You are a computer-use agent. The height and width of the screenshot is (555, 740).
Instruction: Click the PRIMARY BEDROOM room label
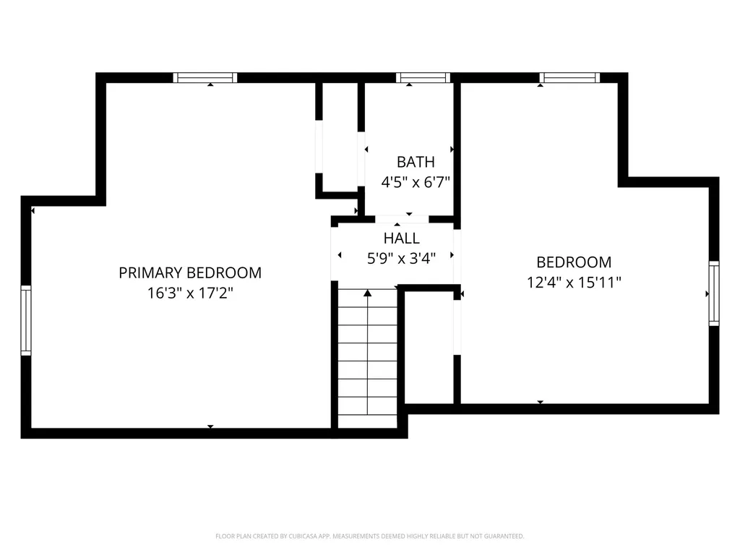coord(190,273)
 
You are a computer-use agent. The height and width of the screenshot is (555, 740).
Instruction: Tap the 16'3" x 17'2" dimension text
coord(190,293)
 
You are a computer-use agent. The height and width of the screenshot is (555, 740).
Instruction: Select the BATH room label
coord(416,162)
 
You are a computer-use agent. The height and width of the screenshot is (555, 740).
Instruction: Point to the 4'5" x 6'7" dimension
coord(416,182)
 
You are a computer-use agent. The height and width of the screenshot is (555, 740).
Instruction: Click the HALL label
coord(401,238)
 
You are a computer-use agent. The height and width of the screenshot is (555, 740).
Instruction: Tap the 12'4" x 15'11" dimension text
coord(574,283)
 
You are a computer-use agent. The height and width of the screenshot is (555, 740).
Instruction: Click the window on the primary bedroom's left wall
coord(26,320)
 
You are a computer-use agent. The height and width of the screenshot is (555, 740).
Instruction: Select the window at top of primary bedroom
coord(205,78)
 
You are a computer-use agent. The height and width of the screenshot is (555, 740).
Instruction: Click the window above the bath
coord(423,78)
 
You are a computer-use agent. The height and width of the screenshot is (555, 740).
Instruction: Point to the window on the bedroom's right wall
coord(714,293)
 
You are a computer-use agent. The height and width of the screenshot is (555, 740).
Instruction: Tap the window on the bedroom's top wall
coord(569,78)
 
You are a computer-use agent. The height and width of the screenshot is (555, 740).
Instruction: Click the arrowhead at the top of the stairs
coord(368,293)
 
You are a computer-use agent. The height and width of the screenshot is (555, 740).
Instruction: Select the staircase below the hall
coord(368,358)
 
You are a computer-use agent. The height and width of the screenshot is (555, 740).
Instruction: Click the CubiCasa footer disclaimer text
coord(369,536)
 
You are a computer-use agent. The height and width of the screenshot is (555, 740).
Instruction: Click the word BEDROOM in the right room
coord(574,262)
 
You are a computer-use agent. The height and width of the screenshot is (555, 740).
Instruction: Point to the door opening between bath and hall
coord(402,219)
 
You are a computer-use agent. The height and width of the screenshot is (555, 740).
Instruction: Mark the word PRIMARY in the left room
coord(150,273)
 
